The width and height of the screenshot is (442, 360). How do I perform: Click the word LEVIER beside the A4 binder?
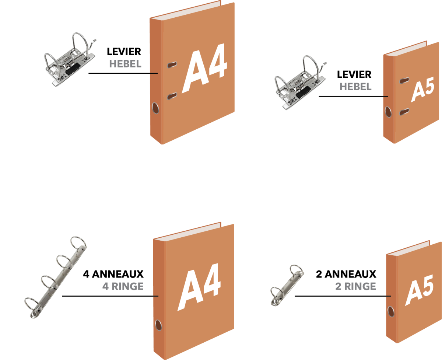coord(124,52)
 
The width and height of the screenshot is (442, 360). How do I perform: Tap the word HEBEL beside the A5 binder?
coord(355,87)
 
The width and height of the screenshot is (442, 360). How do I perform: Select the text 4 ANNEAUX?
coord(113,274)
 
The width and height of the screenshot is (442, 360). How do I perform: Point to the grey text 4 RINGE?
coord(123,287)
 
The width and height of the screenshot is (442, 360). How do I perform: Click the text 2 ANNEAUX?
coord(346,274)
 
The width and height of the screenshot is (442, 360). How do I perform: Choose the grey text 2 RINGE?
coord(356,287)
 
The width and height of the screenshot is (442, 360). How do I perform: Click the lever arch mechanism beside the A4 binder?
coord(70,60)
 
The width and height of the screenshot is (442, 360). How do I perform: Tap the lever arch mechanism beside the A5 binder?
coord(300,83)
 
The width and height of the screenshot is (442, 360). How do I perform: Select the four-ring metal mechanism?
coord(56,277)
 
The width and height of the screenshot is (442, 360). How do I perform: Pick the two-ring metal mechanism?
coord(287,286)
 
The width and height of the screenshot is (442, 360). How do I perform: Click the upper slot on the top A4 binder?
coord(172,65)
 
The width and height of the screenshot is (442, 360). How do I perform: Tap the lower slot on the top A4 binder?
coord(172,96)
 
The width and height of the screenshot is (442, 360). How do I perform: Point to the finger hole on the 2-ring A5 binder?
coord(391,312)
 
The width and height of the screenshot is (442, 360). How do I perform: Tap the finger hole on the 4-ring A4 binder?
coord(158,325)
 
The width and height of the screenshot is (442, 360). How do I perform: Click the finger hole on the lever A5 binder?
coord(388,112)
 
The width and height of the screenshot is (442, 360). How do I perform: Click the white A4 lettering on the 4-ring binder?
coord(199,287)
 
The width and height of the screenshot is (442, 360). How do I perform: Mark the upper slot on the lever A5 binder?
coord(404,80)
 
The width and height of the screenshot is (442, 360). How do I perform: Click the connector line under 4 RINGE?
coord(110,296)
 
